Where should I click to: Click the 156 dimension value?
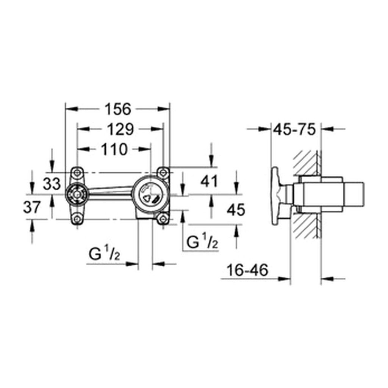(x=118, y=110)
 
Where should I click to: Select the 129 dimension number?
(x=120, y=129)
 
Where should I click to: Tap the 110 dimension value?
(x=114, y=149)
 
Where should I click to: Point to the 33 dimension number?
(x=52, y=184)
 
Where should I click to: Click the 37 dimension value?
(x=32, y=207)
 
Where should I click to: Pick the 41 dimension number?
(x=209, y=181)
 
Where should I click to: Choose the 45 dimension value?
(x=236, y=210)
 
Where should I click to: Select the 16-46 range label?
(x=247, y=270)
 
